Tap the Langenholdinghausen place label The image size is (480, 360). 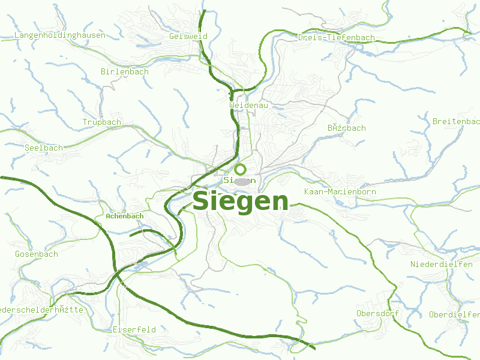point(59,35)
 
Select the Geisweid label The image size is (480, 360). point(188,36)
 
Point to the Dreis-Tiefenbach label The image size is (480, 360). point(336,38)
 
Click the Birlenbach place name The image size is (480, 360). point(125,72)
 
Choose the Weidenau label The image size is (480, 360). point(248,105)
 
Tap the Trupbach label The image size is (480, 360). point(102,122)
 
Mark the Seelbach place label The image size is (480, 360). point(44,148)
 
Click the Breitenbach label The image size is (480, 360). point(457,121)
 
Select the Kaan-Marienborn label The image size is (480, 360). point(340,192)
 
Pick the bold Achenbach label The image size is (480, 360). point(124,216)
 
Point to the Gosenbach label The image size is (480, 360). point(37,254)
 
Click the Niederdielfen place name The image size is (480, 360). point(442,265)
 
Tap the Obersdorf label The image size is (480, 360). point(377,314)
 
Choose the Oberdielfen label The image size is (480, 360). point(454,314)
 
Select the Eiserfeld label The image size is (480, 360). point(134,330)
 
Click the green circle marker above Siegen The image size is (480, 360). point(241,169)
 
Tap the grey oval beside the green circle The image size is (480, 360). point(242,181)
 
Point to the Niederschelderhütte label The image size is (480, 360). point(41,310)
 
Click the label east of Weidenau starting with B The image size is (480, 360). point(347,128)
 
